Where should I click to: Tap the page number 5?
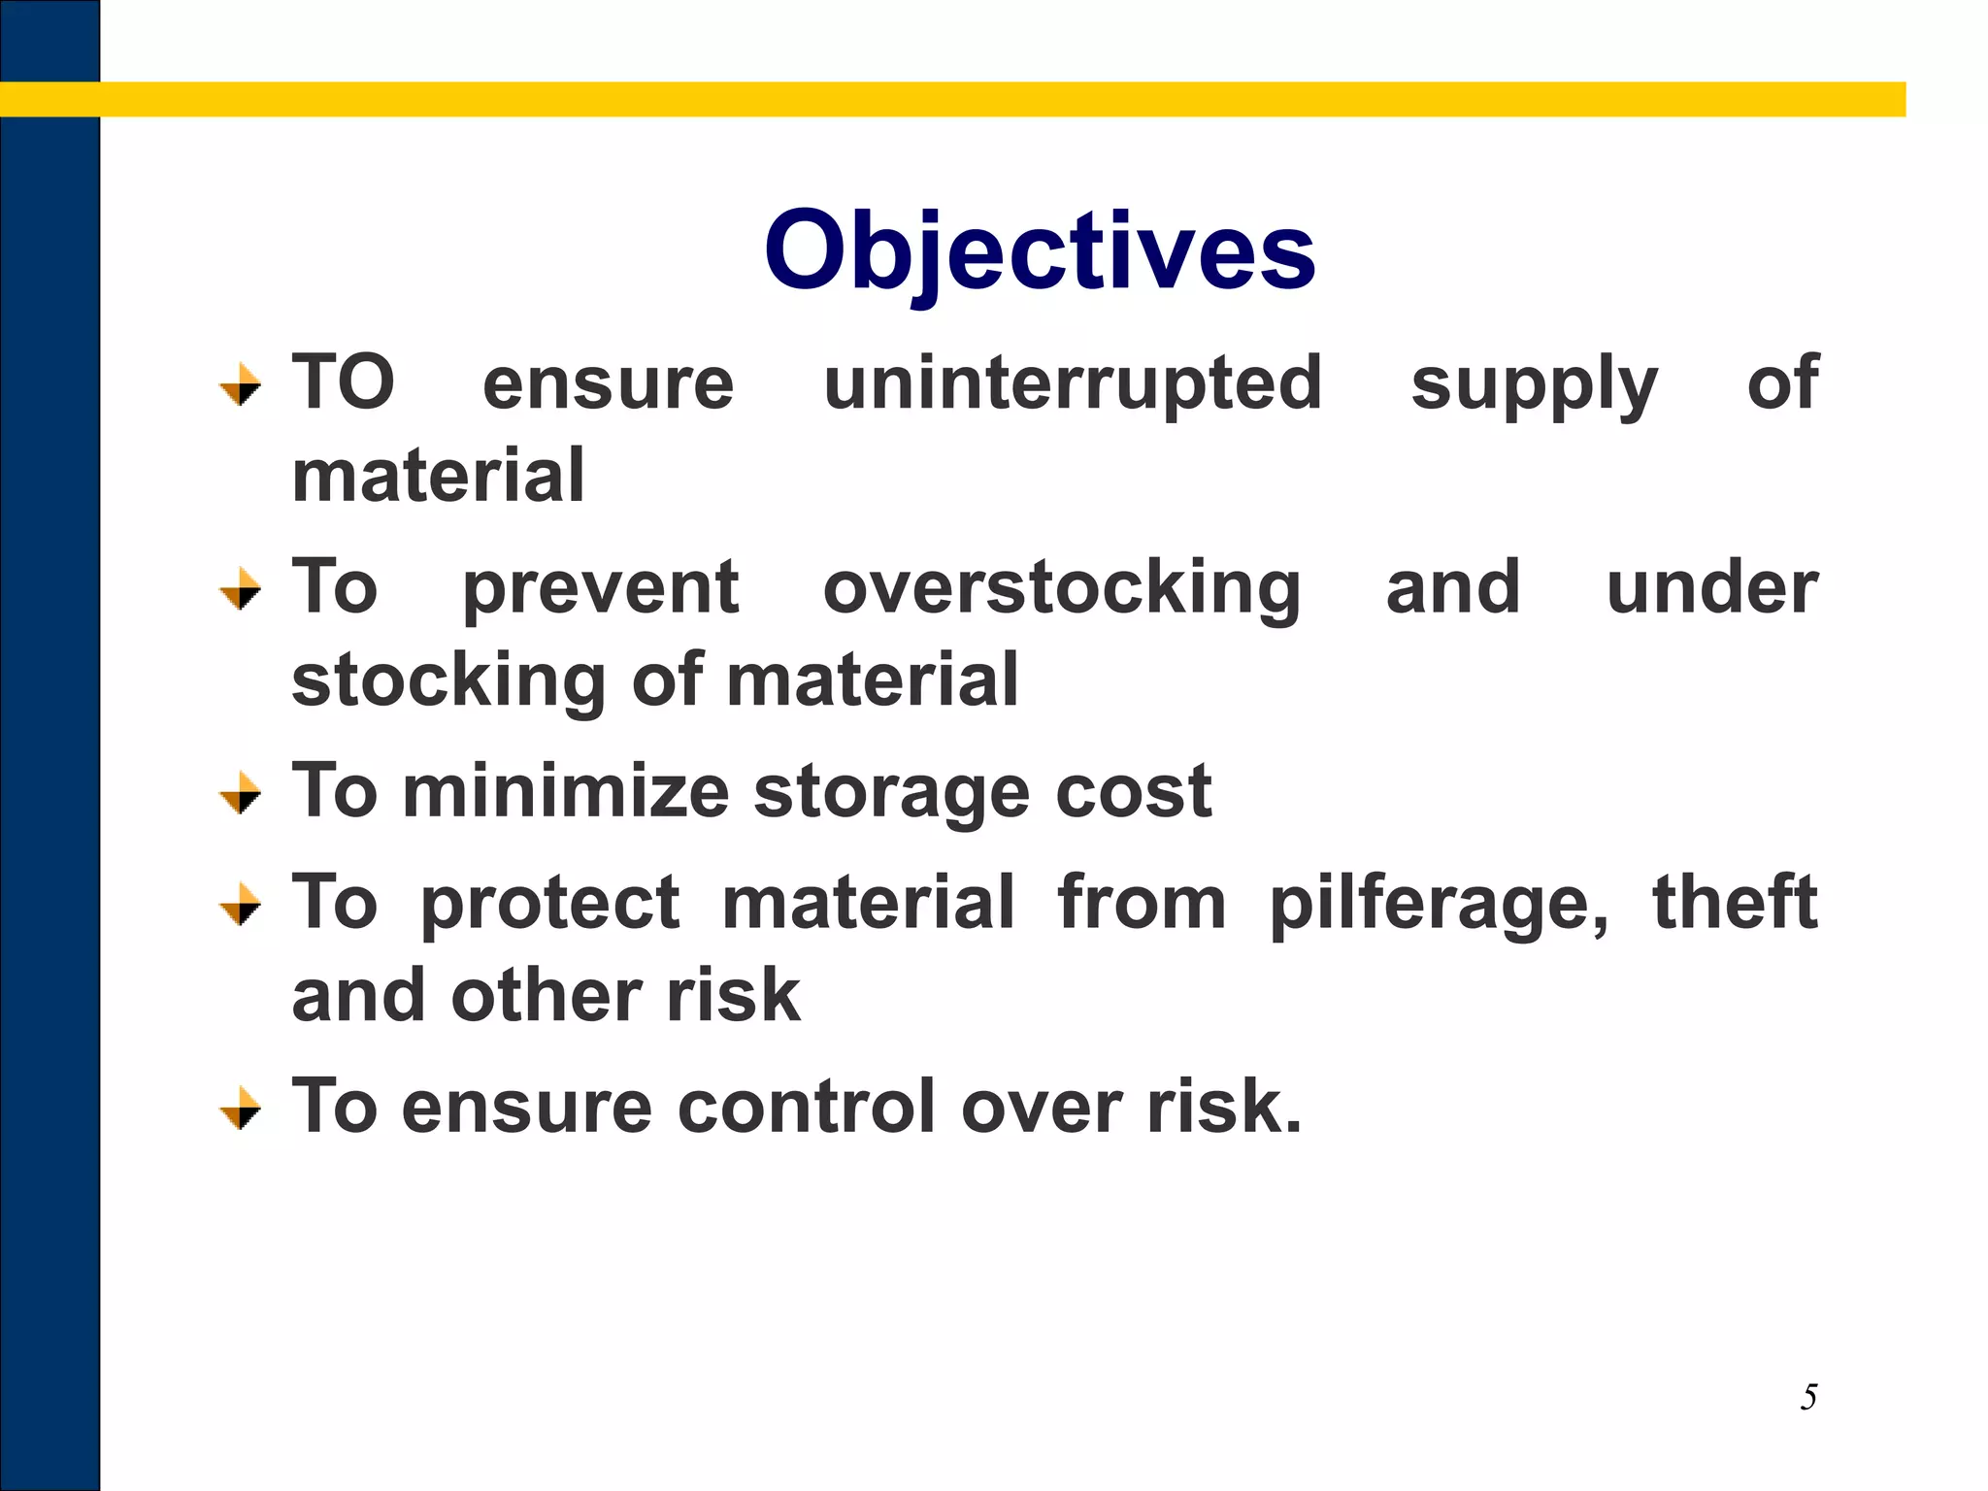(x=1808, y=1397)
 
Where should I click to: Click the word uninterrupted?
(x=1073, y=383)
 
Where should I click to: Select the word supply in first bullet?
(x=1534, y=386)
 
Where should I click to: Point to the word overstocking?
(x=1062, y=589)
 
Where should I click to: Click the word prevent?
(x=601, y=589)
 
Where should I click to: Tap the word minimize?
(x=566, y=791)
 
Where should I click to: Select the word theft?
(x=1735, y=902)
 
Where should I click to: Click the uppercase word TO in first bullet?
(x=344, y=382)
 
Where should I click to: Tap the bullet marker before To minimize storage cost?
(x=240, y=793)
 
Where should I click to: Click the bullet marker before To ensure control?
(x=240, y=1109)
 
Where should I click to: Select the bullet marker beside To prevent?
(x=240, y=589)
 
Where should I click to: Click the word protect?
(x=549, y=904)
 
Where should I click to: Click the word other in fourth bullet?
(x=546, y=996)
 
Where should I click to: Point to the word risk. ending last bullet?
(x=1223, y=1107)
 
